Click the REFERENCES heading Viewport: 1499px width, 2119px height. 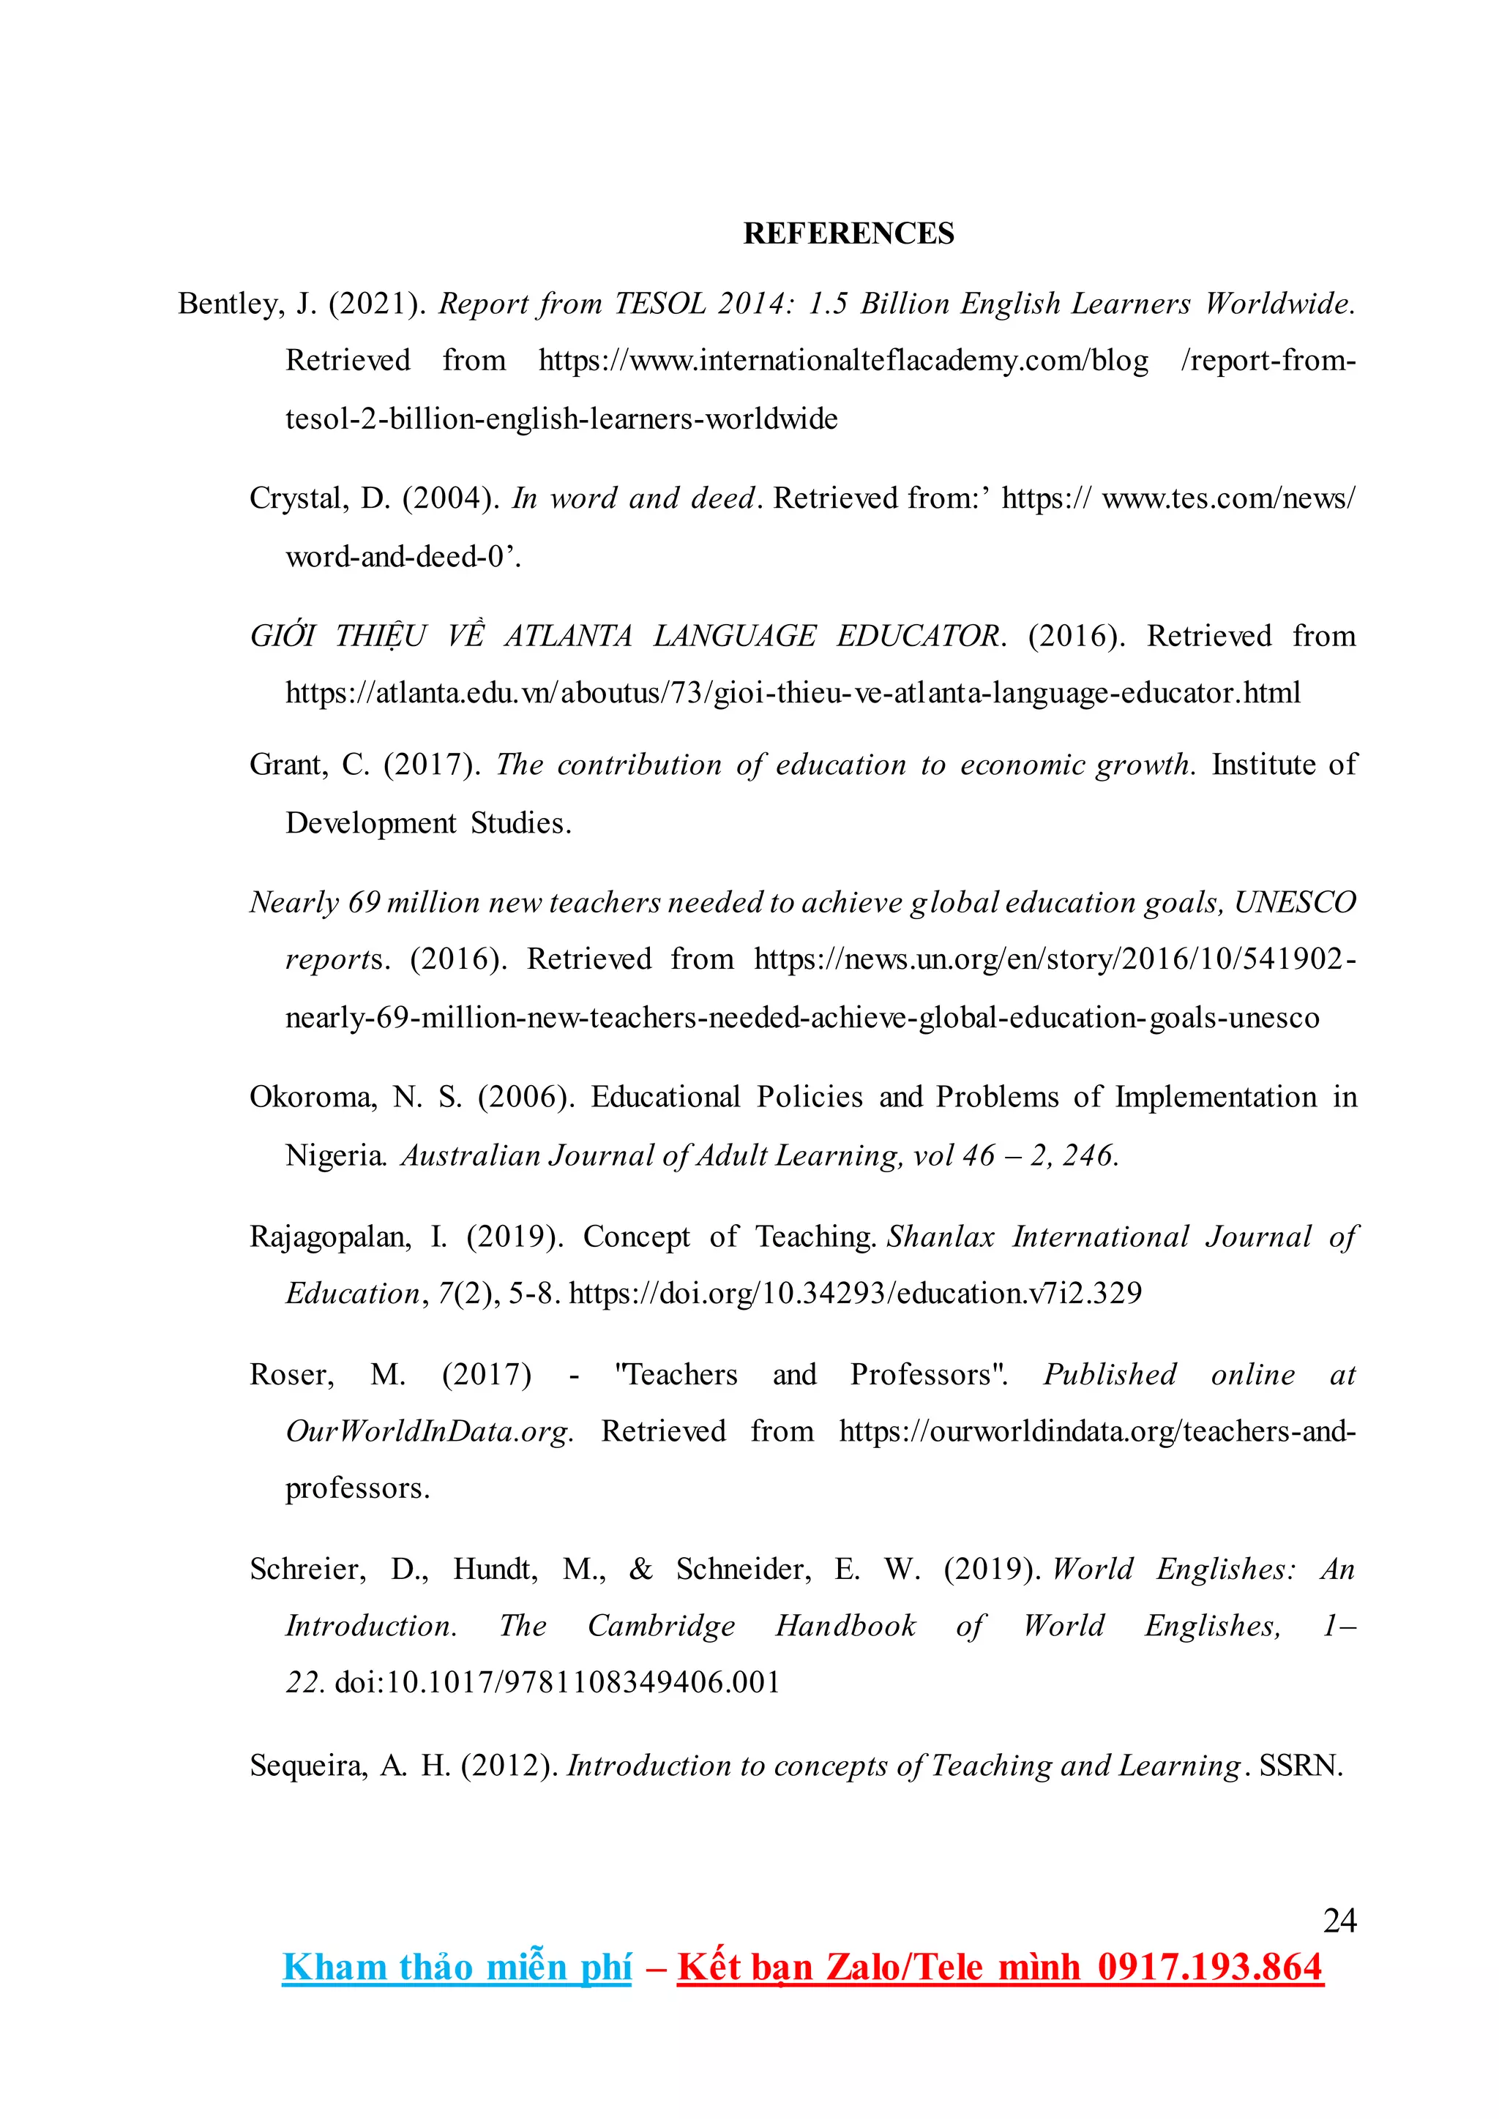coord(848,233)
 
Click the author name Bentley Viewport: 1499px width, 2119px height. coord(230,304)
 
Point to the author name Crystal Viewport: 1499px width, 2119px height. coord(298,498)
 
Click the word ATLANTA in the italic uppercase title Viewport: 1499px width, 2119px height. coord(568,636)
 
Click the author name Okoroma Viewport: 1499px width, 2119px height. coord(312,1096)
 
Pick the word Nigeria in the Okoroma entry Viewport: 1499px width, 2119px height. coord(335,1155)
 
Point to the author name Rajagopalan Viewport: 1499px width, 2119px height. coord(329,1237)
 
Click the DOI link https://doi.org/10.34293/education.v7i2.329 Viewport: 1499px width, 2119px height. coord(855,1293)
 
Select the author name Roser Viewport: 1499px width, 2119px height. coord(290,1374)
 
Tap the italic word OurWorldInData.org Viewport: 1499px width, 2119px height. coord(428,1430)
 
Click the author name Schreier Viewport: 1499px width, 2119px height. coord(307,1569)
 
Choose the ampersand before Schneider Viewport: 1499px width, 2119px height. coord(640,1569)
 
